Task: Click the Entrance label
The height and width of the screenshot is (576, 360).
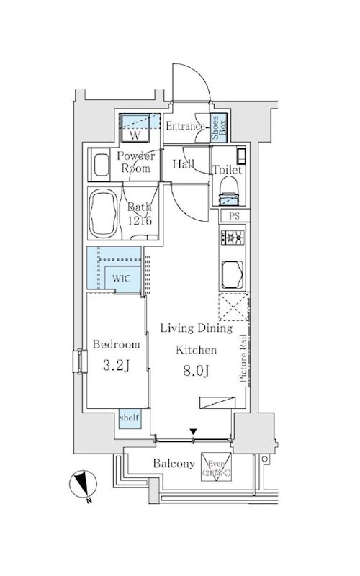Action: coord(185,127)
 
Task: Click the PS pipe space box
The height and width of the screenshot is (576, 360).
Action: coord(233,215)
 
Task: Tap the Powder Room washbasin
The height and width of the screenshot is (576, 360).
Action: coord(99,166)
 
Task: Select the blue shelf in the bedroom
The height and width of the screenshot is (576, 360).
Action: coord(130,418)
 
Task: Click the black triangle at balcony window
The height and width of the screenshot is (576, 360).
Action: coord(192,433)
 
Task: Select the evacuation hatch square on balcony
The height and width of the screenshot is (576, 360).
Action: coord(217,464)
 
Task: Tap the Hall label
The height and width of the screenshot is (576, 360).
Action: coord(183,164)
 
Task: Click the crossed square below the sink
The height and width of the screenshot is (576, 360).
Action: coord(232,309)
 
